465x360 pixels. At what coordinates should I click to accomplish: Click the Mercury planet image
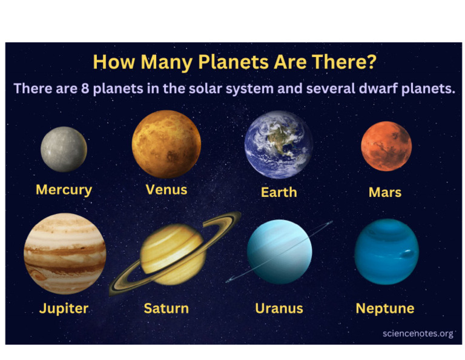point(64,149)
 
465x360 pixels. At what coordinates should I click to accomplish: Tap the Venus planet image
point(166,144)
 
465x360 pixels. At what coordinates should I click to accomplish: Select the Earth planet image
point(279,145)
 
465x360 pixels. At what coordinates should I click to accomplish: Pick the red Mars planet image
point(386,146)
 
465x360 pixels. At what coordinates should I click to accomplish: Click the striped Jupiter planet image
point(65,254)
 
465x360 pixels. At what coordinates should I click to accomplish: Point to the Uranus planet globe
point(279,252)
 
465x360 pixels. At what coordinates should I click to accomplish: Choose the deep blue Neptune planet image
point(386,252)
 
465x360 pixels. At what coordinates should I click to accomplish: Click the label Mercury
point(64,190)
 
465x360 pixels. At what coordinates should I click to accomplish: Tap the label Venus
point(167,190)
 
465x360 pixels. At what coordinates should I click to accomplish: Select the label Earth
point(279,192)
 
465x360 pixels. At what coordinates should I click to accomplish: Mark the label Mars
point(385,193)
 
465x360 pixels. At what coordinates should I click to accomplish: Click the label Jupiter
point(64,308)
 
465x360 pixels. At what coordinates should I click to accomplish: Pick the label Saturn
point(166,308)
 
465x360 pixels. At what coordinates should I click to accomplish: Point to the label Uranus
point(279,308)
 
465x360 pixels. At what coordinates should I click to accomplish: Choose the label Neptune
point(385,308)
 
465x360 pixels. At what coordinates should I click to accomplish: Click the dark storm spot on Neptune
point(407,254)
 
